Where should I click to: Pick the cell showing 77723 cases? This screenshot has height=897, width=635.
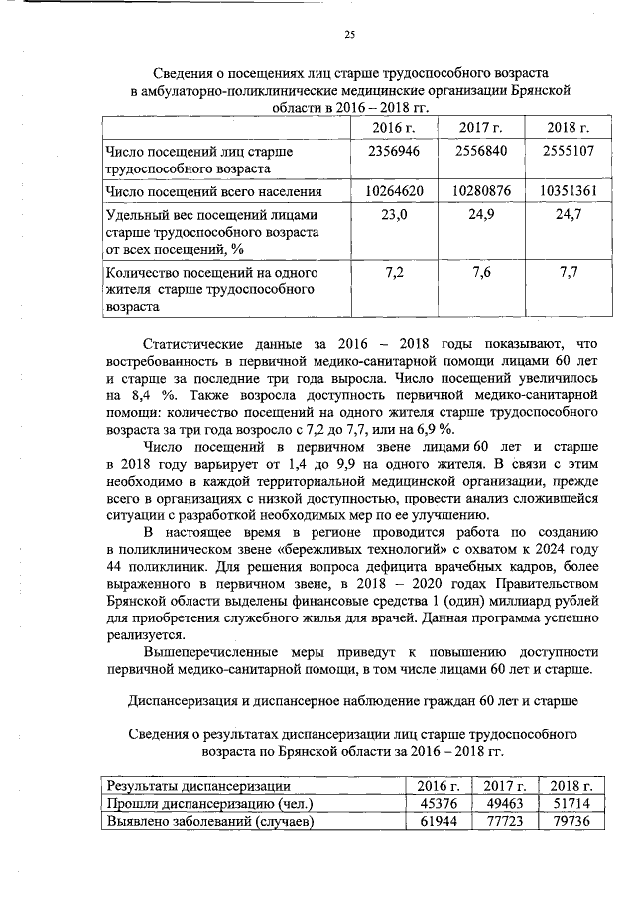coord(505,823)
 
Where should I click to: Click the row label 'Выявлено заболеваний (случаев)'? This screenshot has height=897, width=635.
coord(208,823)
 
